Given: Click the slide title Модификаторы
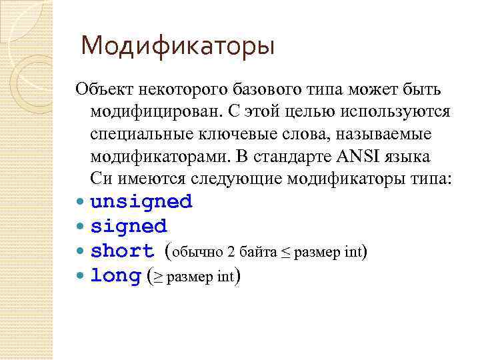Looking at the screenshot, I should [x=177, y=47].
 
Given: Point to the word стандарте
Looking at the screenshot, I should [x=283, y=157].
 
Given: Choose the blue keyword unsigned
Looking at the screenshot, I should [x=141, y=201].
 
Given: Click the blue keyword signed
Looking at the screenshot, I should [x=129, y=226].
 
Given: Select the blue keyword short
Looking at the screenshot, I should [x=122, y=251].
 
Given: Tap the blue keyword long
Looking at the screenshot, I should [x=115, y=275].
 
